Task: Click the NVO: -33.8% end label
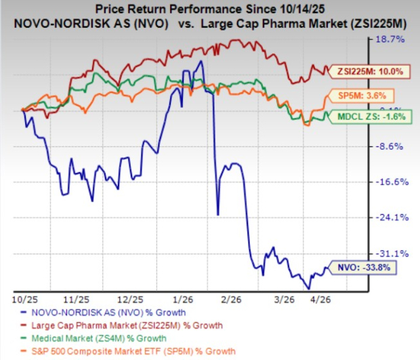tap(359, 267)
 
